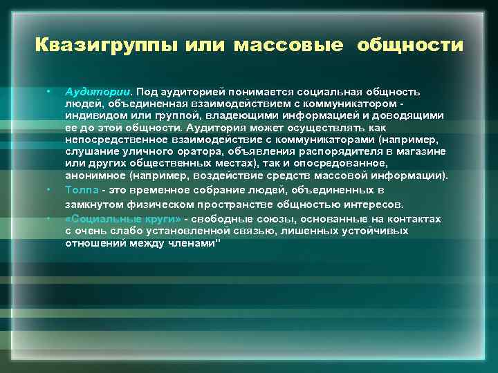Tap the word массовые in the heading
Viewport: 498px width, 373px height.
[x=288, y=46]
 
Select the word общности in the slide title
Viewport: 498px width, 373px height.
[x=411, y=46]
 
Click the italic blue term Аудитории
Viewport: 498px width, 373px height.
[x=98, y=91]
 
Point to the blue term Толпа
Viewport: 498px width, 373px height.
[x=81, y=189]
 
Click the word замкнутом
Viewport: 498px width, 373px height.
[x=97, y=204]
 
